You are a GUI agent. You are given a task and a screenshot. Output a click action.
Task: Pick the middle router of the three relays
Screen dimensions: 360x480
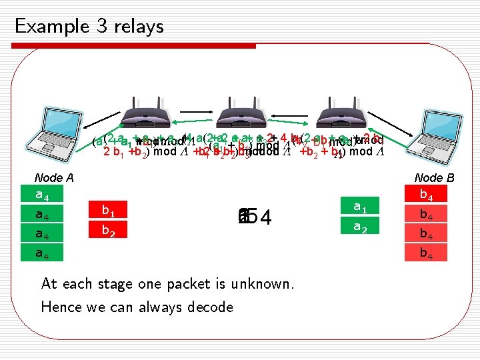click(243, 113)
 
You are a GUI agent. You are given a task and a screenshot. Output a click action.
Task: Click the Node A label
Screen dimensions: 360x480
click(54, 178)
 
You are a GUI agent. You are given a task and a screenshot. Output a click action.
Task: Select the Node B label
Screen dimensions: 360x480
click(434, 178)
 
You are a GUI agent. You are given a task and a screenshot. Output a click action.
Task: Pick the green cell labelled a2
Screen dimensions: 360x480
click(361, 227)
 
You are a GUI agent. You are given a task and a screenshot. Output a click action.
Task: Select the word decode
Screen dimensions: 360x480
click(210, 307)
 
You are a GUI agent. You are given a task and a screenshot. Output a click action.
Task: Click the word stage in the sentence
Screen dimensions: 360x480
click(111, 283)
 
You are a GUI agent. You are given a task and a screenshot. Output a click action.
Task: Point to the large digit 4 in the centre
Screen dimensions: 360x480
click(265, 217)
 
